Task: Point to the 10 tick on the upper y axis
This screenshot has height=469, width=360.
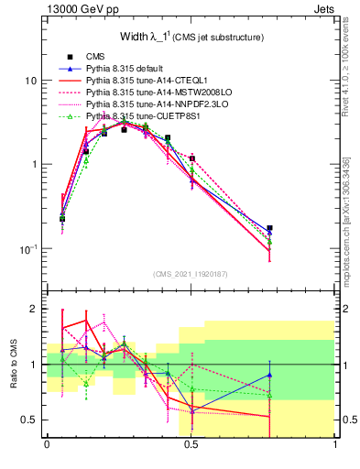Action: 29,81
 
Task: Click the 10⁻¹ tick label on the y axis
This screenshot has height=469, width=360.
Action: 27,249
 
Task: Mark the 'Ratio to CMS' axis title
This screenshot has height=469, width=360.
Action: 14,365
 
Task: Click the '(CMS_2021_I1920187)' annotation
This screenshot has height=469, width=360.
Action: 191,274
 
